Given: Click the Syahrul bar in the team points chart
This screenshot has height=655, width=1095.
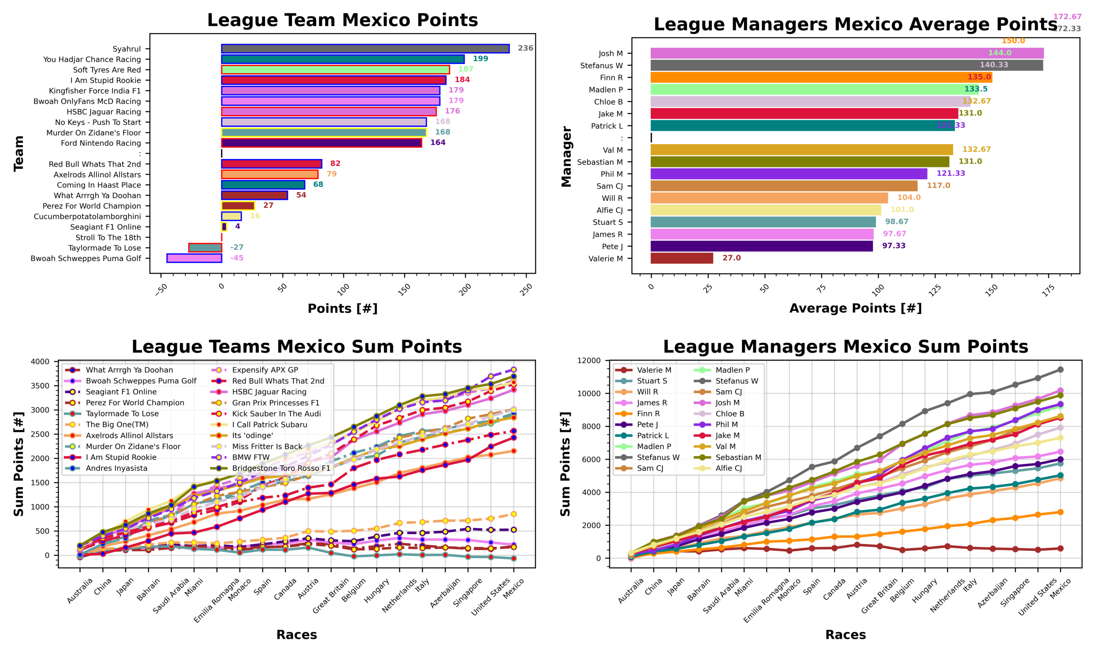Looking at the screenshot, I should coord(365,49).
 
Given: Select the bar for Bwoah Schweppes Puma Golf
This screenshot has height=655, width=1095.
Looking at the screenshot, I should coord(194,258).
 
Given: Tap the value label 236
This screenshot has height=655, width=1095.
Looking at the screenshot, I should coord(525,48).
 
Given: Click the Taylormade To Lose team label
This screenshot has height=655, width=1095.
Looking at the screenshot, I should coord(104,248).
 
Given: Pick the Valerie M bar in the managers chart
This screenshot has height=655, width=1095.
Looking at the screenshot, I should coord(681,258).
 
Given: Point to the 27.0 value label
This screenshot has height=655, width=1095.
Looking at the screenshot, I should coord(731,258).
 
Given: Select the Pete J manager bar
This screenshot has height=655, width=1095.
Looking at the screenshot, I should coord(761,246).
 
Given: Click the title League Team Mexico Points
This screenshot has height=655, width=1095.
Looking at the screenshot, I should coord(342,21).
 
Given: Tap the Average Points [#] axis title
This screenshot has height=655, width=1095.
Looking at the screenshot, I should coord(855,308).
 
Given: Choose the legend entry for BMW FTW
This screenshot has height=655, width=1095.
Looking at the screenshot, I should coord(251,457).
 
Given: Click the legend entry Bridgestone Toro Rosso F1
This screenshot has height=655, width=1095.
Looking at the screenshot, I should coord(281,468).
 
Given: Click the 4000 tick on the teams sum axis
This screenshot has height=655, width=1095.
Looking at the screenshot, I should coord(40,362).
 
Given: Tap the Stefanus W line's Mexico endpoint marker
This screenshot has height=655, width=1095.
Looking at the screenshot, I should coord(1060,370).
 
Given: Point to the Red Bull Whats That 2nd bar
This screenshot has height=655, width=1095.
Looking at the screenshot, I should coord(271,164).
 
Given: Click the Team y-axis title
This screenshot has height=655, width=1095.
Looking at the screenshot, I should coord(18,154).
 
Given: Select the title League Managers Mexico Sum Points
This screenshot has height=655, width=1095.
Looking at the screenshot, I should coord(845,347).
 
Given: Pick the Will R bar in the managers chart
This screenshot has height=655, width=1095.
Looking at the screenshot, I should coord(769,198).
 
